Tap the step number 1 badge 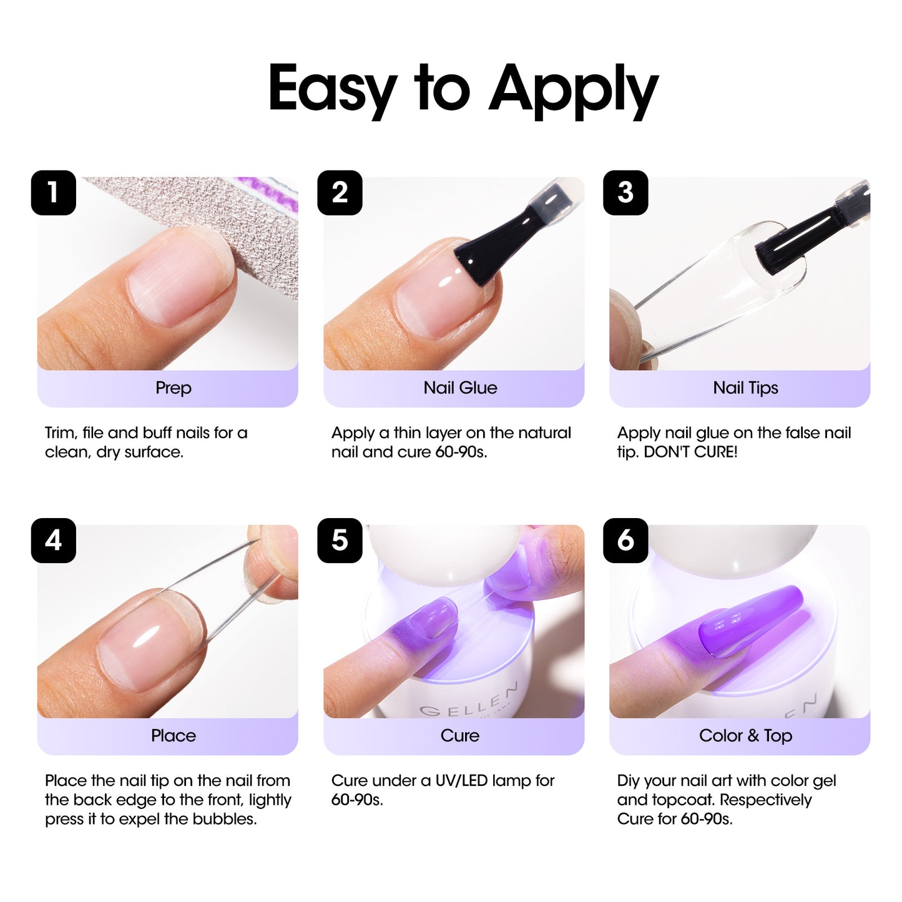point(54,193)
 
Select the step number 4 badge point(54,541)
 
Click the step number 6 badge point(625,541)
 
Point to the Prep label point(173,388)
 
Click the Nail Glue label point(460,388)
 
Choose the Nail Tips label point(745,388)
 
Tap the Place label point(173,735)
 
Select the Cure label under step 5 point(460,735)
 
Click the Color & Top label point(745,735)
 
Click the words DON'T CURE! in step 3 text point(690,452)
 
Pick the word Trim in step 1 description point(60,433)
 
